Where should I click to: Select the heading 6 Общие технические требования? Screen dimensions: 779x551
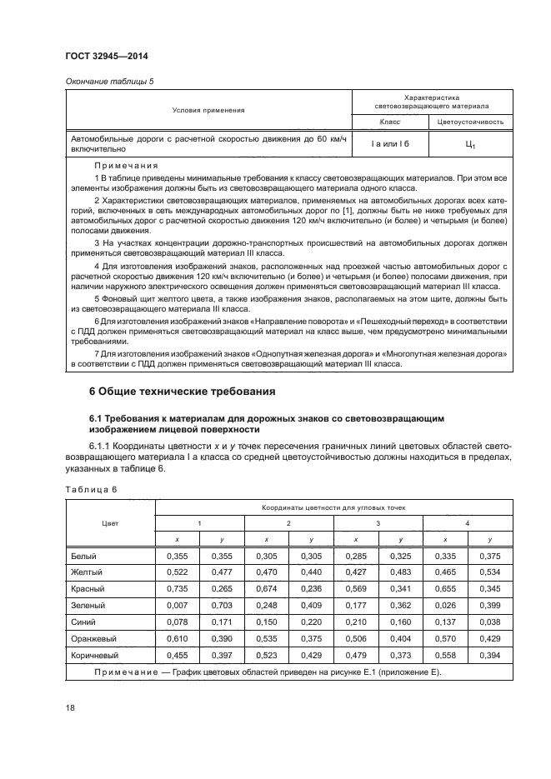[x=183, y=390]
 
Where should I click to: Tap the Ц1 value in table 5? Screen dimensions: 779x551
[x=470, y=145]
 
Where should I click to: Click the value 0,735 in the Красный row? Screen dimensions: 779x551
[x=176, y=587]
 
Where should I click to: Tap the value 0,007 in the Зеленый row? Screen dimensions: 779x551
[x=176, y=604]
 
